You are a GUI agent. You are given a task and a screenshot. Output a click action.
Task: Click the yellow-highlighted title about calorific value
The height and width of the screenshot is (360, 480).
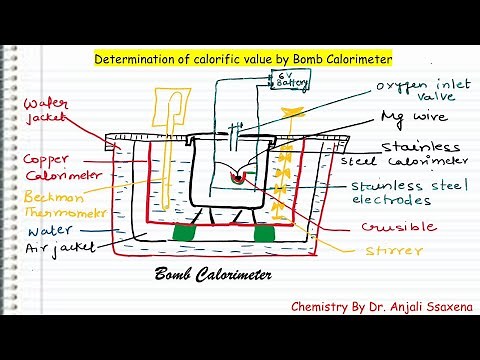(243, 59)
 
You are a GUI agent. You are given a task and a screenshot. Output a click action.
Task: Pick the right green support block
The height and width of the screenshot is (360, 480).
(262, 234)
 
